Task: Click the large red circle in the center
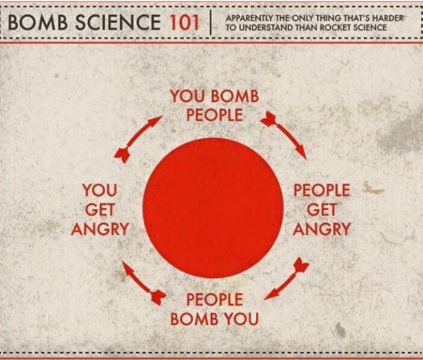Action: click(213, 208)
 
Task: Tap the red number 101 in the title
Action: click(183, 23)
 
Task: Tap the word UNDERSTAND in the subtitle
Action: click(266, 27)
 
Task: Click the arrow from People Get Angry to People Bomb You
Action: click(286, 280)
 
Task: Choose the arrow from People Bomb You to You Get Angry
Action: click(144, 281)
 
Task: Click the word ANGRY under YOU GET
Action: click(99, 228)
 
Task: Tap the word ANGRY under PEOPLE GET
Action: click(321, 228)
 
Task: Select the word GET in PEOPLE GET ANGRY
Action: click(321, 210)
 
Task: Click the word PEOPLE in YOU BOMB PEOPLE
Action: click(214, 115)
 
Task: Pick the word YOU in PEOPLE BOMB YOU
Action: click(237, 318)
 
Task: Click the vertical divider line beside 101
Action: click(210, 23)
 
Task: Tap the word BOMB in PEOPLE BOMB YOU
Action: click(191, 318)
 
